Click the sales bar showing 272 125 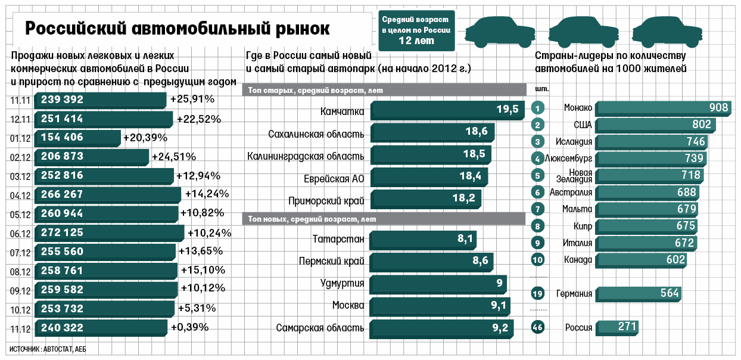pos(109,233)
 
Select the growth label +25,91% pos(192,99)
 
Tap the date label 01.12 pos(20,138)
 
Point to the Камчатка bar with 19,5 pos(447,110)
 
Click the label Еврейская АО pos(334,179)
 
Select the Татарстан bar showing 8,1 pos(423,240)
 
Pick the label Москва pos(348,305)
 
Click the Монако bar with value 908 pos(663,108)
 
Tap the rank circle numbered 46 pos(537,327)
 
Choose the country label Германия pos(574,293)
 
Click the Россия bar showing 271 pos(617,328)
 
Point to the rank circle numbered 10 pos(537,260)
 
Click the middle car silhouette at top pos(584,32)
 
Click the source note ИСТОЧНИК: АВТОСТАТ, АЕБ pos(48,349)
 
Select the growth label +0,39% pos(189,327)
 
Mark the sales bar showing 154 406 pos(77,138)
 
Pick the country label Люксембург pos(568,159)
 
